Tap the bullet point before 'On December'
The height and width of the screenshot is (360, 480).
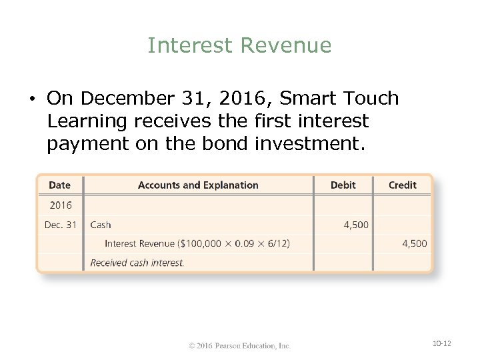(32, 99)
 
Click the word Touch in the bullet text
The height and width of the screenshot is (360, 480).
(370, 99)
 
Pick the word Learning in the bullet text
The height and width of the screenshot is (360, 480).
(87, 121)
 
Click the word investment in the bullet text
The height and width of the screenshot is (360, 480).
(307, 144)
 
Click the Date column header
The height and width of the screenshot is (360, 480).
(59, 185)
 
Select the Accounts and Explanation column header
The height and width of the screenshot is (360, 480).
(198, 185)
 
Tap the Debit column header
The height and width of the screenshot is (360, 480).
(343, 185)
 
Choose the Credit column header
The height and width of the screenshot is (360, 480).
(403, 185)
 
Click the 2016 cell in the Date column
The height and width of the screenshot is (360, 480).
(61, 205)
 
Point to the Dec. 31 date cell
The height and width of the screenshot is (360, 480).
(61, 225)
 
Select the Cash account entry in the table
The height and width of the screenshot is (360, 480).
(101, 225)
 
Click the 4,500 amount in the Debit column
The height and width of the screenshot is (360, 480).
(356, 225)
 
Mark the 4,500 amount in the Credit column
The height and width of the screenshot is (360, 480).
(415, 243)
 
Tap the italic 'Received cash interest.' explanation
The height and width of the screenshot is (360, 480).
(137, 263)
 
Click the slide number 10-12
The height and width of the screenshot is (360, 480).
(442, 343)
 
